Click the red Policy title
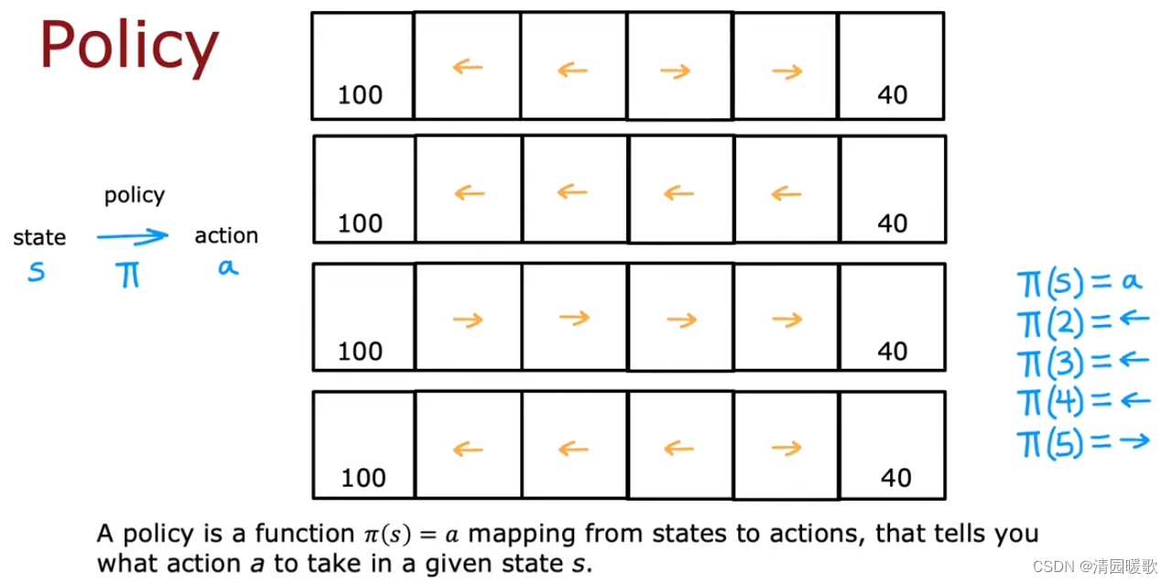tap(129, 46)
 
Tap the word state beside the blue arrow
tap(39, 237)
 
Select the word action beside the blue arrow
tap(226, 235)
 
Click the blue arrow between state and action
tap(133, 237)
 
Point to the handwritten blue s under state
tap(37, 272)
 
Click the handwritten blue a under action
tap(228, 268)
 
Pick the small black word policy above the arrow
tap(135, 196)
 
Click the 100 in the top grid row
tap(360, 95)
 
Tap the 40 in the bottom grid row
tap(895, 478)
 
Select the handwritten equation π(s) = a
tap(1080, 284)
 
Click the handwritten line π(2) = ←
tap(1083, 322)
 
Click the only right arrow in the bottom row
tap(787, 448)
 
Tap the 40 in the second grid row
tap(892, 223)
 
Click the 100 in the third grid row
tap(360, 351)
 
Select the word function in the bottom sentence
tap(305, 534)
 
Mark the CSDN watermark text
tap(1094, 567)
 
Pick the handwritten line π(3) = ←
tap(1083, 362)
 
